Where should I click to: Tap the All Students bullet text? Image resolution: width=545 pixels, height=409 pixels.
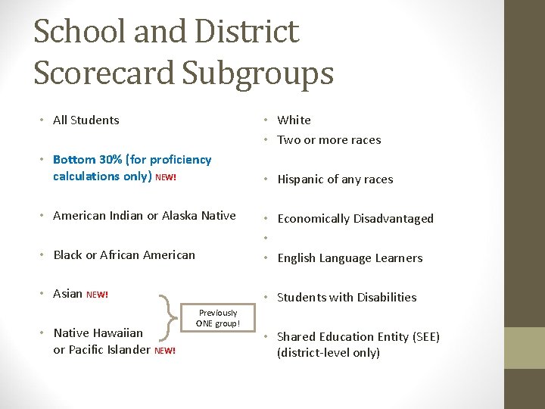(x=86, y=120)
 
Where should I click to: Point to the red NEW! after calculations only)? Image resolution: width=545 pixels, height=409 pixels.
(x=166, y=177)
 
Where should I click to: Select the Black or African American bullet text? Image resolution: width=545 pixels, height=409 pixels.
(x=123, y=255)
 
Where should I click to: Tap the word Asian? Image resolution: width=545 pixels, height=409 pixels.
(x=68, y=294)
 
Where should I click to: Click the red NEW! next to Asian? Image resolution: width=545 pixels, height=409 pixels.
(x=98, y=295)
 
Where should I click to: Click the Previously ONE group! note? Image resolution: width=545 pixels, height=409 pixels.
(x=218, y=318)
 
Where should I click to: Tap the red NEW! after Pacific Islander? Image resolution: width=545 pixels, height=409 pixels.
(x=165, y=351)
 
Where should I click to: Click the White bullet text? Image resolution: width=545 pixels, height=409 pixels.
(x=294, y=120)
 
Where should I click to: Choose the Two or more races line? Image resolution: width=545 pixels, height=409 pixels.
(x=329, y=140)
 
